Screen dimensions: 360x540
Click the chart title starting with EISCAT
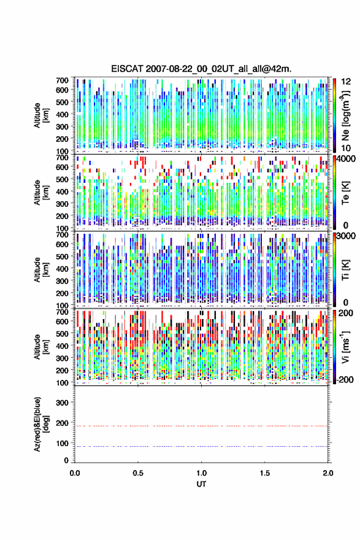tap(201, 69)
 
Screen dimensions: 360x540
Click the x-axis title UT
tap(201, 484)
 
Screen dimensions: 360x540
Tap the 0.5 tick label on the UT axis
tap(138, 473)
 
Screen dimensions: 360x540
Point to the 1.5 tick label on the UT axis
tap(265, 473)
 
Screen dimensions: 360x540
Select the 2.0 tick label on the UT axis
tap(328, 473)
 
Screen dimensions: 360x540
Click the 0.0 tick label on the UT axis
tap(75, 473)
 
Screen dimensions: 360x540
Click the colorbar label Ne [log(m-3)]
tap(345, 115)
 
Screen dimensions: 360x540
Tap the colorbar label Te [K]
tap(345, 193)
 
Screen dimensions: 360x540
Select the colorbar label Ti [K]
tap(345, 270)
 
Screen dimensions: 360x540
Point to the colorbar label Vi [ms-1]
tap(345, 347)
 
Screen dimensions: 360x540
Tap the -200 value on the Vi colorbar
tap(345, 379)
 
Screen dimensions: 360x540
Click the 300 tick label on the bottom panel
tap(63, 403)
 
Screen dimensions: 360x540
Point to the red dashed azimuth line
tap(201, 426)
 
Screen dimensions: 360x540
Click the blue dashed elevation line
tap(201, 446)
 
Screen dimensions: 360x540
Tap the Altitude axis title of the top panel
tap(40, 115)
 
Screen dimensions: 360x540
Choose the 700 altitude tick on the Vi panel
tap(63, 312)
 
